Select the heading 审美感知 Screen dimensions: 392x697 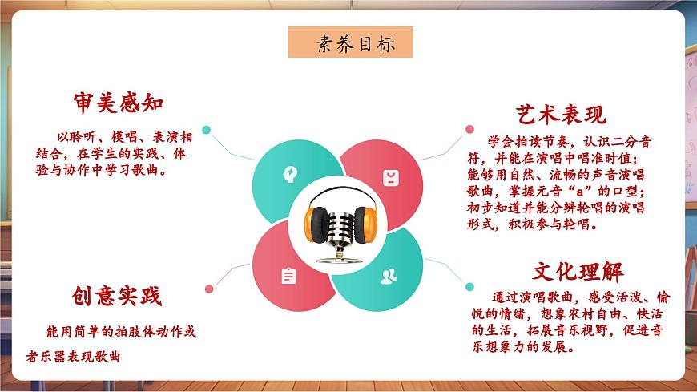(118, 103)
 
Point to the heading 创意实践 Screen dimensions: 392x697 (118, 297)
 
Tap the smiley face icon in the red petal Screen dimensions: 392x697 (389, 176)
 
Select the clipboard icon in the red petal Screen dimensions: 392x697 (288, 276)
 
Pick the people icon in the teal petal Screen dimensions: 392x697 (389, 276)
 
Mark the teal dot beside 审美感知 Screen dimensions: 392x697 (206, 129)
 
